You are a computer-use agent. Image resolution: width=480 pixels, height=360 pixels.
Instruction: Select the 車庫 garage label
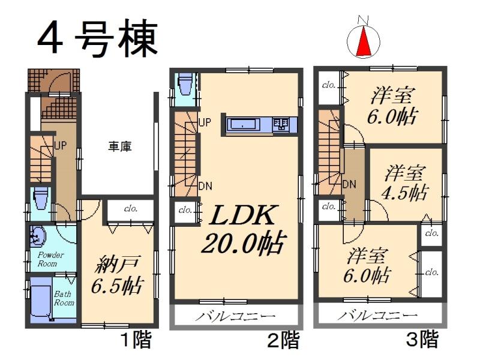(120, 146)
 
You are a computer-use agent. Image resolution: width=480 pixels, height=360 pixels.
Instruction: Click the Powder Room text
(48, 259)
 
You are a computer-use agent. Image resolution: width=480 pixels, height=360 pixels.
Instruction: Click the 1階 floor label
(136, 341)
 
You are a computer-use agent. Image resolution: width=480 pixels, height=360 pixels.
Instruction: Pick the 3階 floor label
(423, 341)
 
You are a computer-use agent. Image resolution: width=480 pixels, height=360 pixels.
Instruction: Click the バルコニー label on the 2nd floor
(235, 316)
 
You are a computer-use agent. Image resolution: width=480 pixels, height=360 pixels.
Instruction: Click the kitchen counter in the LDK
(259, 125)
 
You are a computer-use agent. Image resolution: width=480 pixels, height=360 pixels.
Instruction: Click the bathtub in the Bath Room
(41, 299)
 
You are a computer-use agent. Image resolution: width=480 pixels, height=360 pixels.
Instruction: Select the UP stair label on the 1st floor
(60, 145)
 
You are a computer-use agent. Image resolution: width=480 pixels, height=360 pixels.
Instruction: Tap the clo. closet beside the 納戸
(130, 209)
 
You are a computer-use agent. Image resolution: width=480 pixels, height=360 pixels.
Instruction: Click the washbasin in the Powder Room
(37, 236)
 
